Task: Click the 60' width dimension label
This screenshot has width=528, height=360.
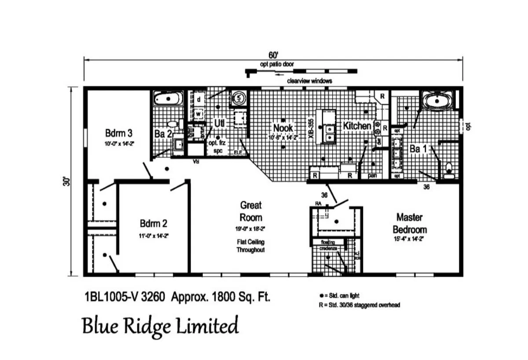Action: point(273,55)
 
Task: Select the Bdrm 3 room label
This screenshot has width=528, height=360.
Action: point(119,133)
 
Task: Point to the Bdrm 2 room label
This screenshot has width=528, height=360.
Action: point(154,223)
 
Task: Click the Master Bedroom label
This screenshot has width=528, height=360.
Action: point(409,223)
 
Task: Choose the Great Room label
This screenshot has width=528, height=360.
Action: point(251,211)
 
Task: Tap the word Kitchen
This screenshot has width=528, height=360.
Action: point(357,126)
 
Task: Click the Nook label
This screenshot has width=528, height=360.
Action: point(283,127)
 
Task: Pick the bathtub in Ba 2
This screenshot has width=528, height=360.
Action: point(168,99)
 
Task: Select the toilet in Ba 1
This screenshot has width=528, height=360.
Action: point(449,170)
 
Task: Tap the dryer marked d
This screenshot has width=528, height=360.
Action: point(199,99)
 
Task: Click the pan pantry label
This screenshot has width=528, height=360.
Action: point(373,176)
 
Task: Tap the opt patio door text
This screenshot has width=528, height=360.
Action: point(277,64)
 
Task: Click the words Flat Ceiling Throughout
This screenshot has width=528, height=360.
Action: point(251,246)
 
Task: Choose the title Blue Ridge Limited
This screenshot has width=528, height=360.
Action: point(160,326)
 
